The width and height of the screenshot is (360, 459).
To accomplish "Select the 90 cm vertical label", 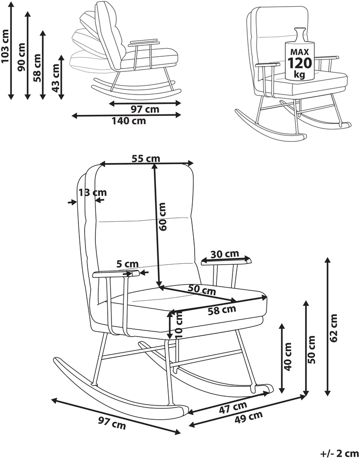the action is tap(22, 57).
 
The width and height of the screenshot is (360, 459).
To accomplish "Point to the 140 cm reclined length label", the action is tap(129, 121).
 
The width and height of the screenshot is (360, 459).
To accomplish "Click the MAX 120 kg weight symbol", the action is tap(300, 54).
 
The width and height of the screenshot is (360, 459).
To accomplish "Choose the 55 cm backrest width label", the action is tap(146, 159).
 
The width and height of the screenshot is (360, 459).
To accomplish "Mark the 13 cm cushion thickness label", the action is tap(93, 192).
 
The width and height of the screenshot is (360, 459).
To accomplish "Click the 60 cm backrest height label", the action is tap(162, 217).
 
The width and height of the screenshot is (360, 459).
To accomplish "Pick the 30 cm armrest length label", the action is tap(224, 254).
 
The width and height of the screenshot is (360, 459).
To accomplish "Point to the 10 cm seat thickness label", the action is tap(179, 325).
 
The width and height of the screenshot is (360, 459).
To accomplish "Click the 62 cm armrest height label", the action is tap(334, 328).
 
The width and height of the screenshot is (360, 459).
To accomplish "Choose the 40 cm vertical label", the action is tap(288, 356).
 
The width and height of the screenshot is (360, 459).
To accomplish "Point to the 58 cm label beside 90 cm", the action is tap(38, 68).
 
